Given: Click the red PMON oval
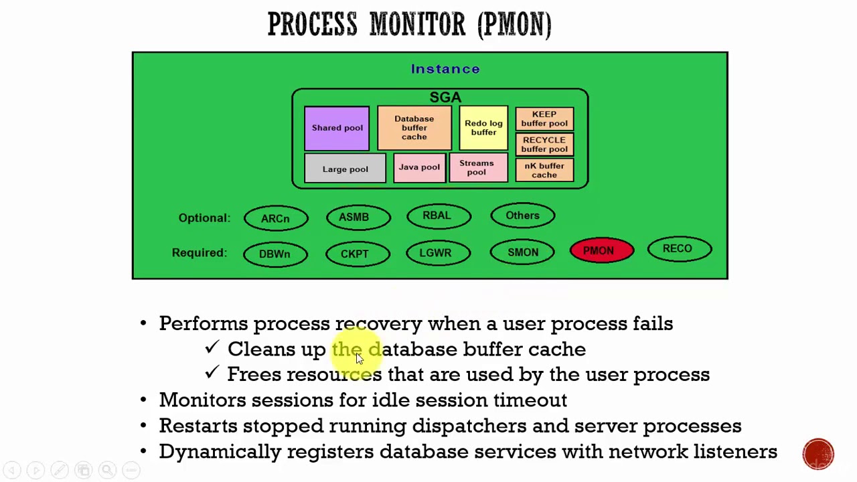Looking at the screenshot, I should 601,251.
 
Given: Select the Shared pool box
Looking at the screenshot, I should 337,128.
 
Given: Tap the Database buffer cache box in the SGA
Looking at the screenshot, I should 414,128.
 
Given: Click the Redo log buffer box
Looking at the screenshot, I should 483,128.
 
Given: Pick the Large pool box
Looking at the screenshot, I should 345,169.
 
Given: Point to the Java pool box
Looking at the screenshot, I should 419,167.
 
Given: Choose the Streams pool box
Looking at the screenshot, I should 477,168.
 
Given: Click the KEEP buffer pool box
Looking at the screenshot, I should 544,118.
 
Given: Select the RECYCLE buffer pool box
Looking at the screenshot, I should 544,145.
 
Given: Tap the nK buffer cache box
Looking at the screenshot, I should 544,171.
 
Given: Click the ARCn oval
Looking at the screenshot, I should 276,218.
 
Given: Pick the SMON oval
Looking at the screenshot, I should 522,252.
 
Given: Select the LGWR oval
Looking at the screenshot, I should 437,252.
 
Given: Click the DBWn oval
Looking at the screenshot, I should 275,254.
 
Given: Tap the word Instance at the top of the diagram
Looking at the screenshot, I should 445,69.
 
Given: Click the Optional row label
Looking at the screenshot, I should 204,218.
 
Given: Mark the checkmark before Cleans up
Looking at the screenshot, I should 212,347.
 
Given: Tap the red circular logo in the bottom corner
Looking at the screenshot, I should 818,454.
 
